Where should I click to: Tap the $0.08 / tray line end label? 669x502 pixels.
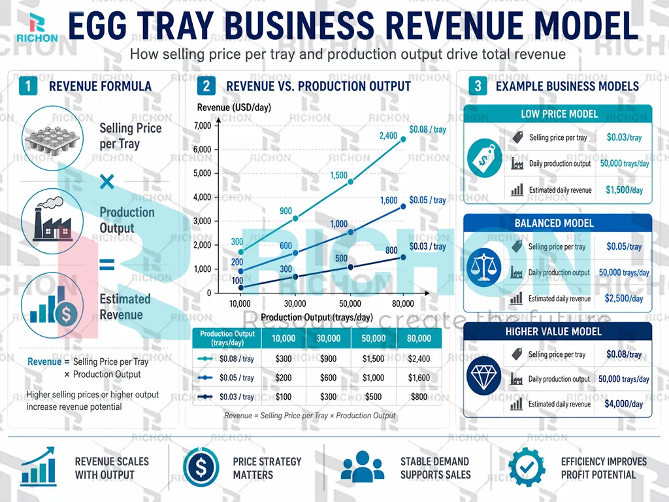[427, 129]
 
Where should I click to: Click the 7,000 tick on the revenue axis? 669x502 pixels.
[203, 125]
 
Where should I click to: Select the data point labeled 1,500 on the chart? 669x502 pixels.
[351, 181]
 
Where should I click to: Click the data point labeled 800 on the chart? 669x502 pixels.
[403, 257]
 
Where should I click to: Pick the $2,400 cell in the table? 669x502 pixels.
[419, 359]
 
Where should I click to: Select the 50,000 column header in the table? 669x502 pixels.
[374, 339]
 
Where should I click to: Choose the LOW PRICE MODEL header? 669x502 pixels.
[559, 114]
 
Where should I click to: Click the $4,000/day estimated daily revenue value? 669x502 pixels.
[625, 405]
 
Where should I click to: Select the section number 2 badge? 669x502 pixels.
[206, 86]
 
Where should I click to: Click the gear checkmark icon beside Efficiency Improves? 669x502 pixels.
[526, 467]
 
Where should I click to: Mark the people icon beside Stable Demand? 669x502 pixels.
[363, 467]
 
